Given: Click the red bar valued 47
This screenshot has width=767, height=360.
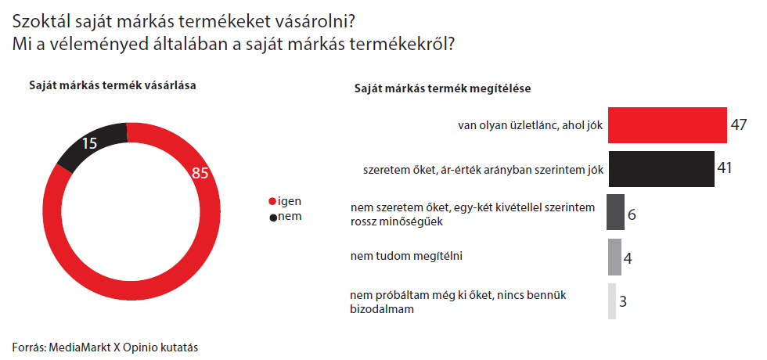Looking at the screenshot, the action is click(x=667, y=124).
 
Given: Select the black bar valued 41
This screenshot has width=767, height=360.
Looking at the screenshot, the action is click(x=661, y=169).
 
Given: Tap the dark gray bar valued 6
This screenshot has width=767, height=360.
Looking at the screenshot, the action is click(x=615, y=212).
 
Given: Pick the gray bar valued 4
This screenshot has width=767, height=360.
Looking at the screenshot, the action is click(x=614, y=257).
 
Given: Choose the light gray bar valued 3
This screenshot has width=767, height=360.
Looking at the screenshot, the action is click(x=612, y=301).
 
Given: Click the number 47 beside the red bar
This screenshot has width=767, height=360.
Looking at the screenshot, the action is click(x=739, y=124).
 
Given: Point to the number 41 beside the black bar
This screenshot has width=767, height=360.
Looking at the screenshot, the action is click(x=724, y=168).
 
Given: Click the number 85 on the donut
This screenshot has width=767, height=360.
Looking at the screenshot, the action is click(x=200, y=173).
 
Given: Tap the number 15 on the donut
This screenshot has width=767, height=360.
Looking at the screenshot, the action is click(x=89, y=142).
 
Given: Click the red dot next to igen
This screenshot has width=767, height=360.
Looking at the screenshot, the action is click(x=272, y=202).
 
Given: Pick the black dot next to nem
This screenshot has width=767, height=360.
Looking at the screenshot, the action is click(x=272, y=218).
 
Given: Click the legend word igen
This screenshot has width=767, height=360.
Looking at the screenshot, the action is click(x=289, y=201).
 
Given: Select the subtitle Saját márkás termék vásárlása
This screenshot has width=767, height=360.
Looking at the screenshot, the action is click(x=113, y=85).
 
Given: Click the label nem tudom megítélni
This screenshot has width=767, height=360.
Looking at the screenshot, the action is click(x=406, y=256).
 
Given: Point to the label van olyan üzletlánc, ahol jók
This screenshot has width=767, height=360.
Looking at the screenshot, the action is click(x=531, y=125).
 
